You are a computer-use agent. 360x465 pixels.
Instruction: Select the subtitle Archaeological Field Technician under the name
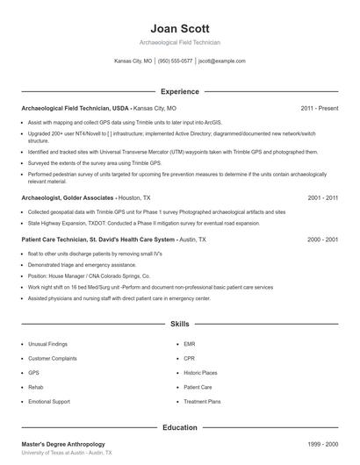tap(179, 42)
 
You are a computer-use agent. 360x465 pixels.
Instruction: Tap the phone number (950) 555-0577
tap(175, 61)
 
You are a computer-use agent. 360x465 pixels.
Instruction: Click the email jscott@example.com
tap(221, 61)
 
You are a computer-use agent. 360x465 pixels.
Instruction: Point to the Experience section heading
tap(179, 91)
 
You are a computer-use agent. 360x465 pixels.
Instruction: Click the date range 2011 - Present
tap(319, 108)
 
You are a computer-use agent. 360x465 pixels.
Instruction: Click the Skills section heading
tap(179, 324)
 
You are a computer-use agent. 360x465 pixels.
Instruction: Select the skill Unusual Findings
tap(47, 344)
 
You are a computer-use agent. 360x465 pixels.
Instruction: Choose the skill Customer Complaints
tap(53, 358)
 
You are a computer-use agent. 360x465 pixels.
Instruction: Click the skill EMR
tap(190, 344)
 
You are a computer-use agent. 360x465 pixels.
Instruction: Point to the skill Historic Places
tap(201, 372)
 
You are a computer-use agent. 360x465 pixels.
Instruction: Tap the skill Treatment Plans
tap(202, 400)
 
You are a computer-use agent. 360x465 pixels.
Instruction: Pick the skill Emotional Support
tap(49, 400)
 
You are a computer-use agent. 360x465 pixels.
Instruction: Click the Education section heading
tap(179, 427)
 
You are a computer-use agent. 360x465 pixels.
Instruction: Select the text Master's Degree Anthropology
tap(63, 444)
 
